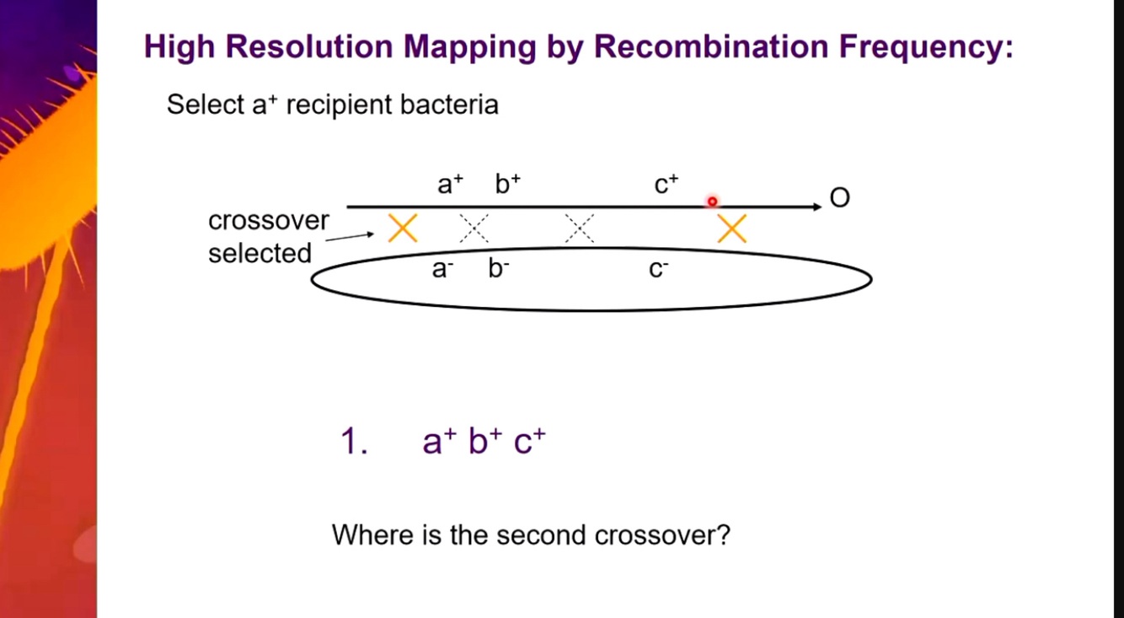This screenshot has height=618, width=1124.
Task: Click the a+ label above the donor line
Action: (x=450, y=185)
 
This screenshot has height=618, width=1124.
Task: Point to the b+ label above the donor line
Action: (x=507, y=185)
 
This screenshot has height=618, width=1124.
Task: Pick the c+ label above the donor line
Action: (x=666, y=185)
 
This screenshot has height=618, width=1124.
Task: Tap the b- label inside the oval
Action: (x=499, y=270)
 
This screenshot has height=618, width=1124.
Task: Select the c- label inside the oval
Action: (x=658, y=270)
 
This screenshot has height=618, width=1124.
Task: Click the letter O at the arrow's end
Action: (x=840, y=199)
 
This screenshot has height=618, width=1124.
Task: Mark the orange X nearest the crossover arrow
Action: (x=403, y=228)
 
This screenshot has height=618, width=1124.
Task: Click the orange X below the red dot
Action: (x=731, y=228)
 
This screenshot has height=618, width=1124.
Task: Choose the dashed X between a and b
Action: (x=474, y=228)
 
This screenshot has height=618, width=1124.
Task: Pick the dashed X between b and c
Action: (x=579, y=228)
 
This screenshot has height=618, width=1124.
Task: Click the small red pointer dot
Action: (x=712, y=202)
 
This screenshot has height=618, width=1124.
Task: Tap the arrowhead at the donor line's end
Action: (x=816, y=207)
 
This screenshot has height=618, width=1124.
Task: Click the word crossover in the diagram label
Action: (x=269, y=221)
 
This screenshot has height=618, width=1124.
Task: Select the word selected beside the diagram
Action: (x=260, y=253)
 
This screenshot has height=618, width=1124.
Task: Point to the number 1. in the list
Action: (x=354, y=442)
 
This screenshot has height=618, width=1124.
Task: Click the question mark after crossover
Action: (x=723, y=535)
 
